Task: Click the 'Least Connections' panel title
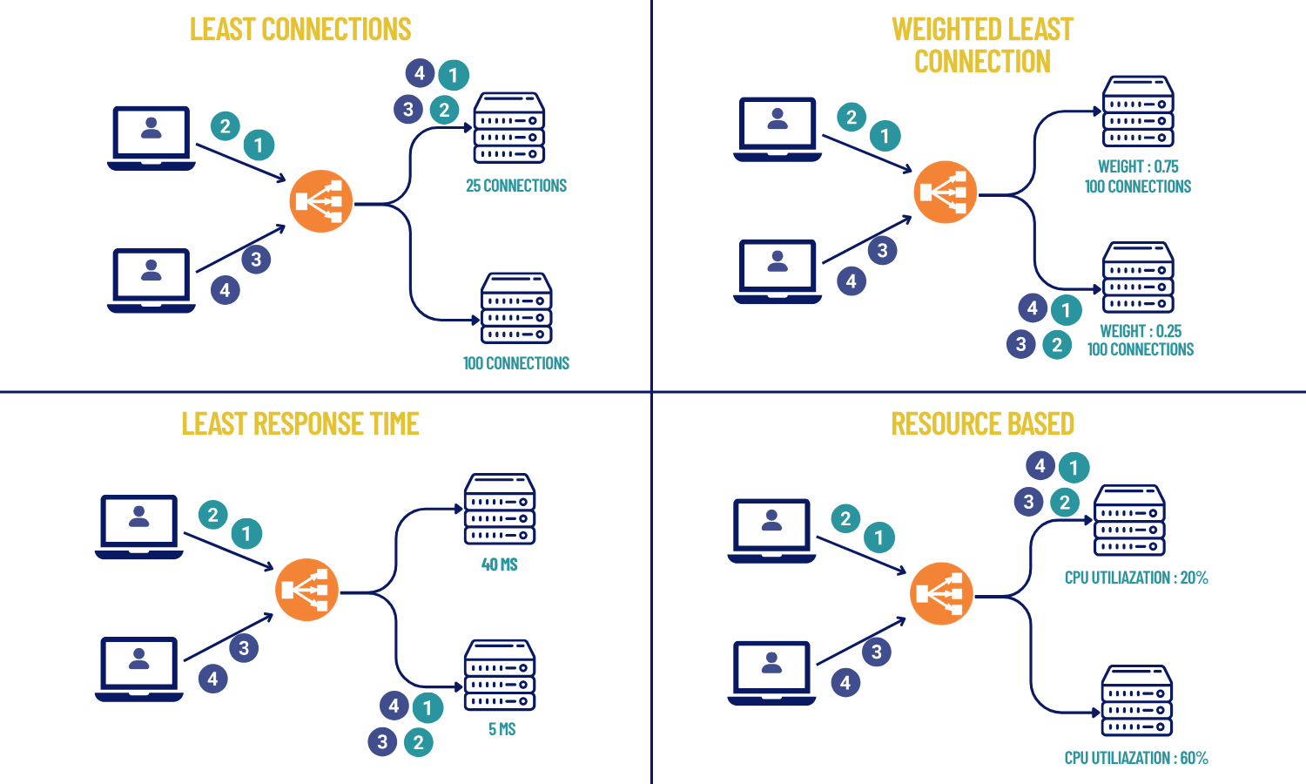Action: click(x=300, y=30)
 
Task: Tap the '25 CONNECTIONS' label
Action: click(x=515, y=186)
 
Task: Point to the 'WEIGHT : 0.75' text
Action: click(x=1138, y=166)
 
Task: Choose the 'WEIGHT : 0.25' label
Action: click(x=1141, y=331)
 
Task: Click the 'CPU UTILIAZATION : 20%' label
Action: click(x=1136, y=578)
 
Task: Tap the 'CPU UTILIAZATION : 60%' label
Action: click(x=1136, y=758)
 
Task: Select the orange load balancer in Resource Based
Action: click(x=941, y=593)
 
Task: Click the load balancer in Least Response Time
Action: click(x=306, y=590)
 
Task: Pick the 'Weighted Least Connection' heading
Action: click(x=982, y=45)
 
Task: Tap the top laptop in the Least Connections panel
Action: click(x=151, y=138)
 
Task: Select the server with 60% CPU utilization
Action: click(x=1137, y=700)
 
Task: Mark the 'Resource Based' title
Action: click(x=982, y=424)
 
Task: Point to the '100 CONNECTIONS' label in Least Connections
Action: click(x=515, y=363)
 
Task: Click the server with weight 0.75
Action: click(x=1138, y=111)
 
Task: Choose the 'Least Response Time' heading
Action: click(x=300, y=424)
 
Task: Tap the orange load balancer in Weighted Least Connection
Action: click(x=946, y=192)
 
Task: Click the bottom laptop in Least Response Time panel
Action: click(x=139, y=668)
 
